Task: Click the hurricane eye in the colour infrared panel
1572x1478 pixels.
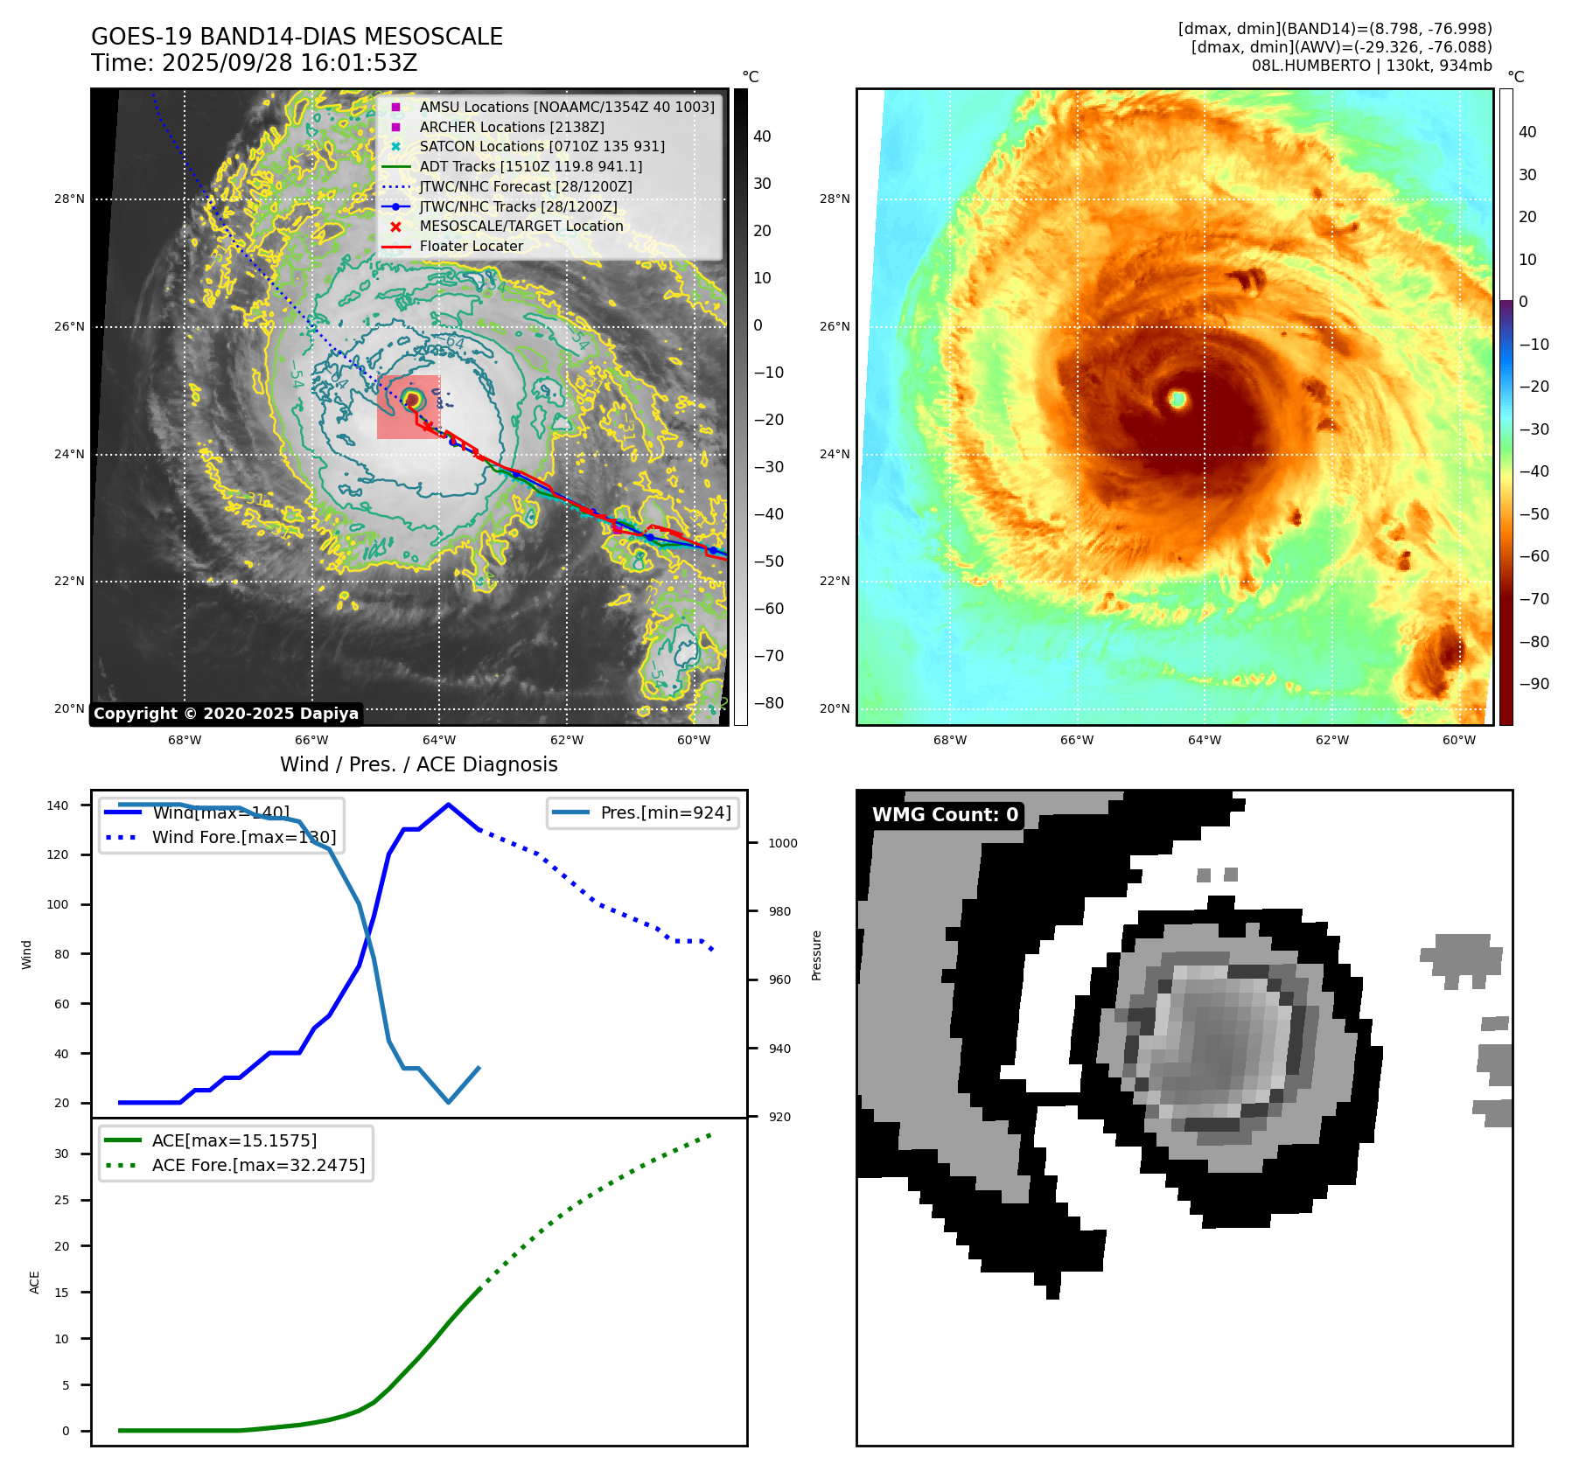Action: point(1177,400)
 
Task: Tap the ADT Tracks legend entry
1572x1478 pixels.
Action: point(530,166)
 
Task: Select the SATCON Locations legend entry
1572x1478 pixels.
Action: point(541,146)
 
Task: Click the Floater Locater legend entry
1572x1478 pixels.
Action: point(471,246)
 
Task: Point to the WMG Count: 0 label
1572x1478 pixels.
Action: point(945,814)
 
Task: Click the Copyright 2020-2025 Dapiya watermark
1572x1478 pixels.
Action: point(226,714)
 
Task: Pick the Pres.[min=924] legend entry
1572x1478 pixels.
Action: point(665,812)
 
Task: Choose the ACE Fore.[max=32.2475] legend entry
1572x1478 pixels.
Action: point(258,1165)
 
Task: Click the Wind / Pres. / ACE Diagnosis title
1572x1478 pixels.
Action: point(418,764)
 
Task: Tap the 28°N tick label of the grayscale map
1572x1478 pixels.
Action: point(69,199)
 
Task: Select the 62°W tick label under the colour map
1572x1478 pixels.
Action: point(1331,740)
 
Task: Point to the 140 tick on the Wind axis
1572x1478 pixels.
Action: point(58,805)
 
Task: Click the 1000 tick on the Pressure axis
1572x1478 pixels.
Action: point(783,843)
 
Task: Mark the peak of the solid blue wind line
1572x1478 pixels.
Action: point(448,805)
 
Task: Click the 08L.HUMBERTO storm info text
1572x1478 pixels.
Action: point(1371,66)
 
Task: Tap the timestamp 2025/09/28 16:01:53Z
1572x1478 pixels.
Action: point(289,63)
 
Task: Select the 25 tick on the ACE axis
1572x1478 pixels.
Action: point(61,1200)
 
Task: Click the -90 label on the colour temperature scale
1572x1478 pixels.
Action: point(1534,684)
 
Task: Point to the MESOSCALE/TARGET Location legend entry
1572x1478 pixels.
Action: point(521,226)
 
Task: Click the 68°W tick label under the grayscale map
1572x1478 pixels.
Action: point(185,740)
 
